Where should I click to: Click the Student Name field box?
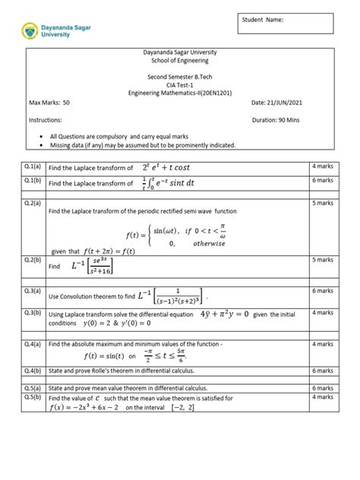click(285, 23)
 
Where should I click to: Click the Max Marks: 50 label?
click(49, 101)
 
